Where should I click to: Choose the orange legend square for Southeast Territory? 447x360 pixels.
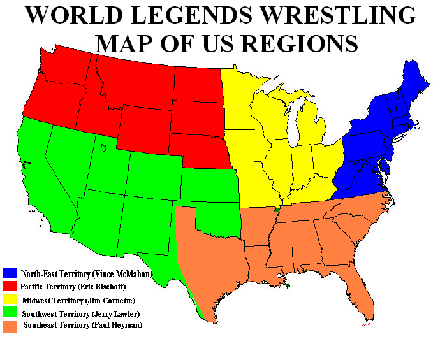tap(9, 326)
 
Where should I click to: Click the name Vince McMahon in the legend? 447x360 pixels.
tap(123, 274)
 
